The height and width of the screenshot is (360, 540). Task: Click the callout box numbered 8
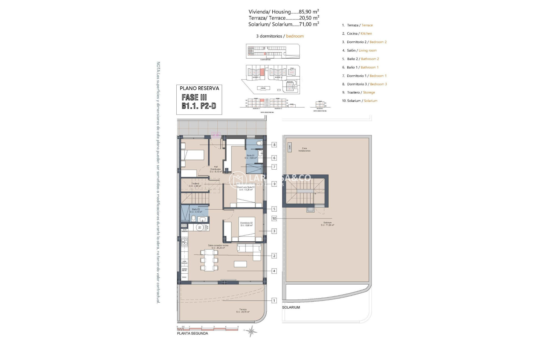[x=274, y=145]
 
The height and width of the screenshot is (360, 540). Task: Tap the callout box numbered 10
[x=274, y=219]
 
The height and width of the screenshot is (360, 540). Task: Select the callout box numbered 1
[x=274, y=301]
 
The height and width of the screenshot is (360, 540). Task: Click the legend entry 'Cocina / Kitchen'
[x=357, y=33]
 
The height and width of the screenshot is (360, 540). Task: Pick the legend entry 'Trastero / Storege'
[x=359, y=92]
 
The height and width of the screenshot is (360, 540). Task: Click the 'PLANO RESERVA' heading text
[x=199, y=88]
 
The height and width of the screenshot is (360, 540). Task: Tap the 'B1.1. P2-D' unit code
[x=199, y=106]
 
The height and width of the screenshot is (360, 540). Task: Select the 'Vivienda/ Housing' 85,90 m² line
[x=283, y=12]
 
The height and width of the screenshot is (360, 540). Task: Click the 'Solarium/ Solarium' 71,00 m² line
[x=283, y=24]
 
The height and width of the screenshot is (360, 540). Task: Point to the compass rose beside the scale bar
[x=251, y=331]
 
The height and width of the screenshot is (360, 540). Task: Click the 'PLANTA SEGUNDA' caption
[x=192, y=334]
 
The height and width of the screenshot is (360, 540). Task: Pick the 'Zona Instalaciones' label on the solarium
[x=304, y=149]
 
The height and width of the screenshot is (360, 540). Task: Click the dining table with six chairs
[x=209, y=260]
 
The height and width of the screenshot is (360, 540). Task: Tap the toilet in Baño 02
[x=193, y=219]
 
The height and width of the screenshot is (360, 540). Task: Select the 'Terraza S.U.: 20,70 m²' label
[x=243, y=310]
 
